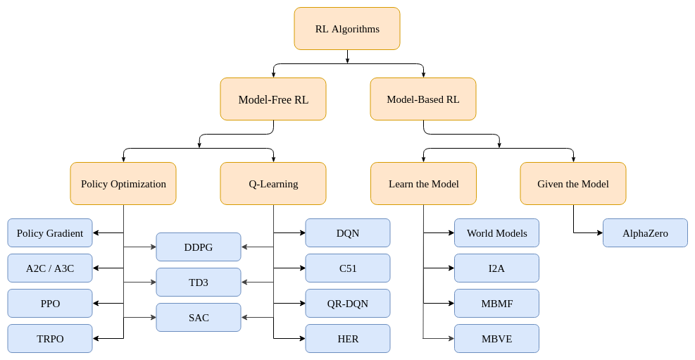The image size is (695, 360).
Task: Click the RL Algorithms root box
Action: click(x=347, y=28)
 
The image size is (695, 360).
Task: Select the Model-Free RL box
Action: click(x=273, y=99)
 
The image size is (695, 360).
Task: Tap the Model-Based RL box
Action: click(x=423, y=99)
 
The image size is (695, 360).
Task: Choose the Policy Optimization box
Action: click(x=123, y=184)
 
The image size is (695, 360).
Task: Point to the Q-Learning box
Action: click(x=273, y=184)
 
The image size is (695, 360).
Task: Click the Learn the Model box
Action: click(x=423, y=184)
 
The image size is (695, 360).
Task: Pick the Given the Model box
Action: click(x=573, y=184)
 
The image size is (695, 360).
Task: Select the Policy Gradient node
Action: click(x=50, y=232)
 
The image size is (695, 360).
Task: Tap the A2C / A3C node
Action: click(x=50, y=268)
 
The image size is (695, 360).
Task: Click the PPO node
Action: click(x=50, y=303)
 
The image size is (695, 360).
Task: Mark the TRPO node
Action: click(x=50, y=339)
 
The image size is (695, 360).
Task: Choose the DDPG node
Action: click(x=199, y=247)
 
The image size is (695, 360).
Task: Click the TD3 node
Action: click(x=199, y=282)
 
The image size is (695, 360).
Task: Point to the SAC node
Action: click(x=199, y=318)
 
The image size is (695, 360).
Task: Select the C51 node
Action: click(x=348, y=268)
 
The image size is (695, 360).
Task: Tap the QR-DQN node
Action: click(x=348, y=303)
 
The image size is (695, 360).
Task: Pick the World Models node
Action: click(x=497, y=232)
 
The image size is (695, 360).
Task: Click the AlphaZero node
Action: click(x=645, y=232)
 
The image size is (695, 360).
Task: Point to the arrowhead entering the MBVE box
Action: click(x=451, y=339)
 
